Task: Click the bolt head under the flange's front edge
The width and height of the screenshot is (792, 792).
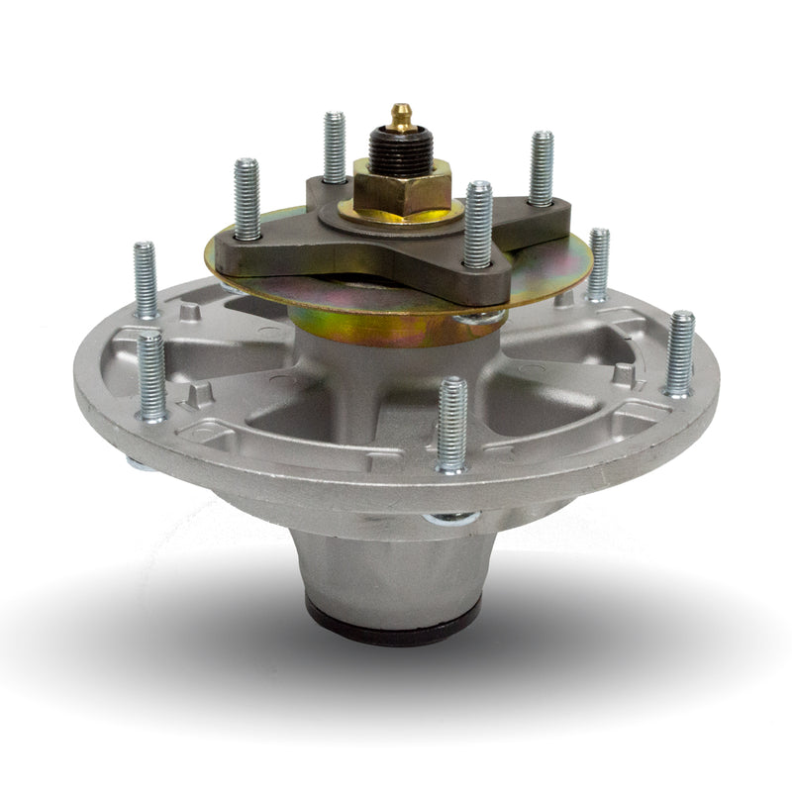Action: pos(450,518)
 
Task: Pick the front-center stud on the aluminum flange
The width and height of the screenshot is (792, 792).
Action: pos(451,424)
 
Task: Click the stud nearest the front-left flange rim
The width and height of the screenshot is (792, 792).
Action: pos(151,376)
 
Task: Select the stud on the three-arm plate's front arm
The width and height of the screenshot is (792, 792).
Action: pos(478,225)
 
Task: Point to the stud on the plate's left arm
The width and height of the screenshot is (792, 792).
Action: pos(247,199)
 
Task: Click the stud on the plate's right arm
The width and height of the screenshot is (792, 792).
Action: pos(541,168)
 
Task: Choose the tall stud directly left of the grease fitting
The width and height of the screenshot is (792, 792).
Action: pos(335,148)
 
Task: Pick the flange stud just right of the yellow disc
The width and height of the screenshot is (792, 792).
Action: pos(599,263)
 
